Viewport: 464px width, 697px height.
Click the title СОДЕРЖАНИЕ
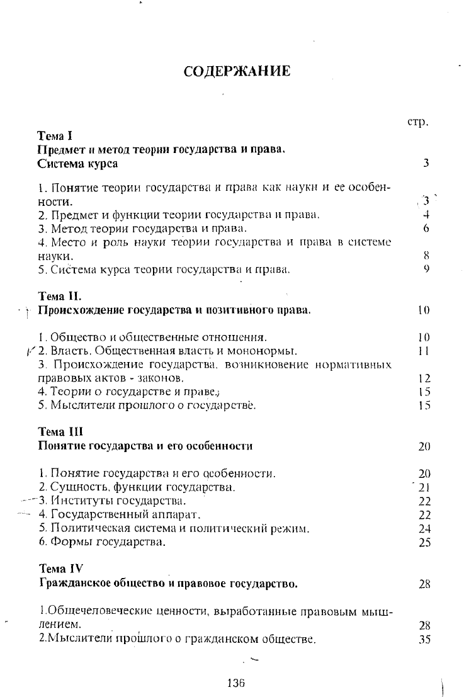coord(237,71)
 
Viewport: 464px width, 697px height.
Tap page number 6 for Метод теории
coord(426,229)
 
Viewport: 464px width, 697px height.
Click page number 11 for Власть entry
coord(424,351)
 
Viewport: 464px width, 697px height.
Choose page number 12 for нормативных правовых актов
coord(424,379)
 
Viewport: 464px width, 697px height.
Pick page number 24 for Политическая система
coord(424,529)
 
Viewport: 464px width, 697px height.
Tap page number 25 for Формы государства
coord(424,543)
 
